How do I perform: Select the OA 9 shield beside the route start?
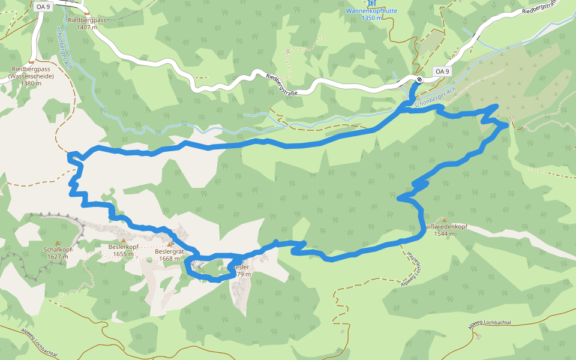[x=442, y=71]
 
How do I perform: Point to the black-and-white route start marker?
[x=419, y=79]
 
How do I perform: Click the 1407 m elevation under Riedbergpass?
[x=87, y=27]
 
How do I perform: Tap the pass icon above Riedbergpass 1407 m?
[x=86, y=13]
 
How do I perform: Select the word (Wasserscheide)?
[x=31, y=76]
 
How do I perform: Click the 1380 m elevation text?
[x=31, y=83]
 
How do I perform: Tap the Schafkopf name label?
[x=58, y=250]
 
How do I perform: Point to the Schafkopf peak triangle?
[x=58, y=242]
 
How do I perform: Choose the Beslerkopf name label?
[x=124, y=247]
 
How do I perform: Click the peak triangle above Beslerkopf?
[x=124, y=239]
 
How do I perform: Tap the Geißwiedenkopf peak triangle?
[x=444, y=220]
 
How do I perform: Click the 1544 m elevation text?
[x=445, y=234]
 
